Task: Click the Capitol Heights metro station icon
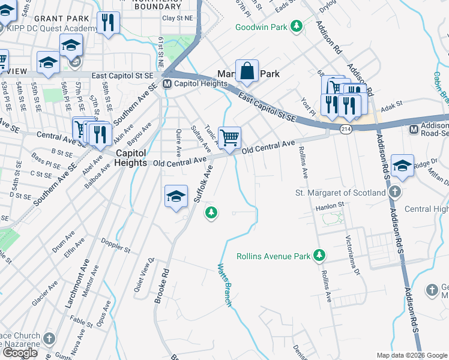(x=167, y=83)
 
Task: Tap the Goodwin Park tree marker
(x=296, y=26)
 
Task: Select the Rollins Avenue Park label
(x=274, y=256)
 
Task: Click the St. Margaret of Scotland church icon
(x=394, y=193)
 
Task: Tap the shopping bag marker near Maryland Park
(x=247, y=71)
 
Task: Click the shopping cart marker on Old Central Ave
(x=229, y=138)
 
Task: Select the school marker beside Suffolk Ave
(x=176, y=196)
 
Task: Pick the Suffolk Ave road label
(x=203, y=184)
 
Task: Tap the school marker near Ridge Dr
(x=402, y=165)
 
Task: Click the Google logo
(x=20, y=352)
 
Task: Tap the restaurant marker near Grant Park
(x=108, y=23)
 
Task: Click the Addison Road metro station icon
(x=414, y=130)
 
